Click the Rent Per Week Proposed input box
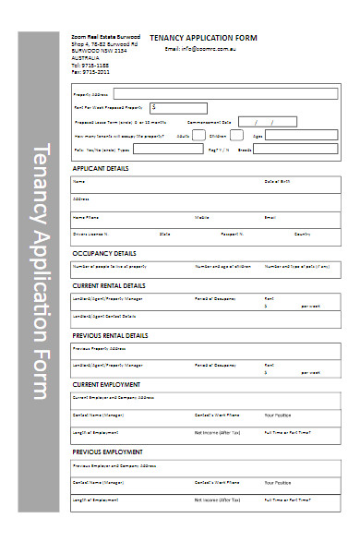tap(181, 107)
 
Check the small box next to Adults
tap(198, 135)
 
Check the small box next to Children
tap(242, 135)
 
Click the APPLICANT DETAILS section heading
tap(101, 169)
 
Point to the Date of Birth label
tap(278, 181)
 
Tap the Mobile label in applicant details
tap(201, 217)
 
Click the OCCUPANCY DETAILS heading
tap(104, 252)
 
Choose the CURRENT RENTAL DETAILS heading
tap(109, 285)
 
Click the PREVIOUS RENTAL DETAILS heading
tap(111, 335)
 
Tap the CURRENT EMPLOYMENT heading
tap(106, 384)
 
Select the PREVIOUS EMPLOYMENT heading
tap(107, 452)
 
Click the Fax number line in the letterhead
tap(90, 71)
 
